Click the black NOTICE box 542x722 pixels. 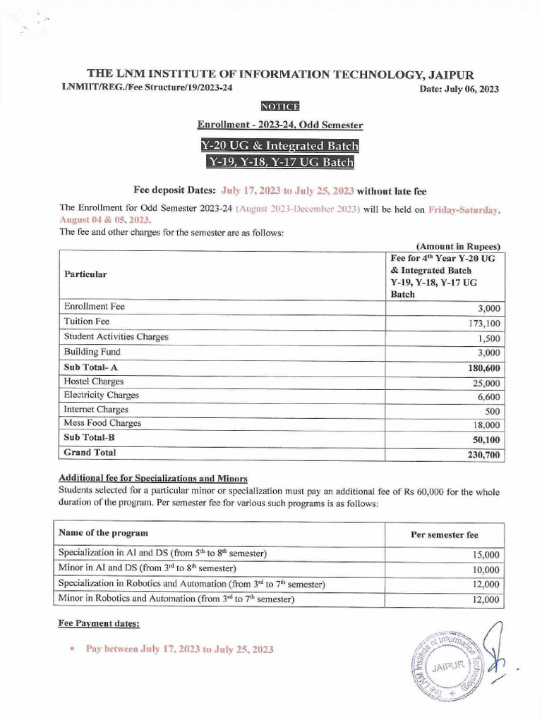click(x=280, y=106)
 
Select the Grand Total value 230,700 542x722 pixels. click(x=483, y=455)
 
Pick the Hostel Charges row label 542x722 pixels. click(x=94, y=381)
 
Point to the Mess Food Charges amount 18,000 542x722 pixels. click(x=486, y=425)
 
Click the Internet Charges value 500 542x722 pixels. click(x=491, y=411)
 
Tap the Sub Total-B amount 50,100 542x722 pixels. click(x=486, y=440)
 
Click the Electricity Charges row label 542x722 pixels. click(x=102, y=395)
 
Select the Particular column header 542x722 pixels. click(x=85, y=274)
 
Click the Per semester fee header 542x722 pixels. click(x=444, y=534)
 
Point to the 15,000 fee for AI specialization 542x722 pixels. click(x=486, y=555)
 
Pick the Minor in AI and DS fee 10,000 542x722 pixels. click(x=486, y=570)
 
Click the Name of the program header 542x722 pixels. click(x=103, y=532)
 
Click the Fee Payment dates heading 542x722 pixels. click(x=98, y=624)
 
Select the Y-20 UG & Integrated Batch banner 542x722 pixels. click(x=280, y=146)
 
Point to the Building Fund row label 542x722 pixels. click(x=92, y=351)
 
